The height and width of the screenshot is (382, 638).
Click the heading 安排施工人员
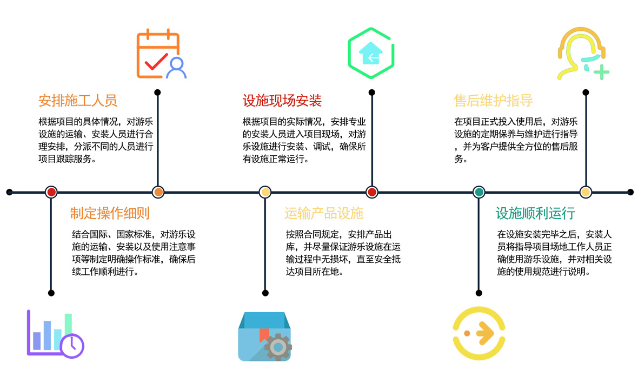click(78, 100)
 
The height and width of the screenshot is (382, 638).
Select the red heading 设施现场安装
click(282, 100)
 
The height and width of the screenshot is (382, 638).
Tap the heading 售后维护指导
click(493, 100)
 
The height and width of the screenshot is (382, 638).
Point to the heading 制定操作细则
click(110, 213)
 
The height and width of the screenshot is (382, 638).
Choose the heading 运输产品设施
click(324, 213)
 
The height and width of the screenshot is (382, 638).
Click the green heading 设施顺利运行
click(535, 213)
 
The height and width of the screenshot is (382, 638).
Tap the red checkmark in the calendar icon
click(156, 62)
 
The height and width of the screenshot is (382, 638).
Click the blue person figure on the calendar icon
click(176, 68)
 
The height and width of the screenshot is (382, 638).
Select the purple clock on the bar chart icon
click(72, 346)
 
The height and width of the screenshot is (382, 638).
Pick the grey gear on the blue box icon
click(278, 347)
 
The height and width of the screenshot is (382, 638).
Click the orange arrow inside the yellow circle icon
click(485, 333)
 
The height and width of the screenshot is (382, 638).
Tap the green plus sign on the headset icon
click(601, 73)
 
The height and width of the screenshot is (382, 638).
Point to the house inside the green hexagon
click(371, 54)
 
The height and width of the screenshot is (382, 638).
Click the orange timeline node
click(158, 192)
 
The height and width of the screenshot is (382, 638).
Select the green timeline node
click(479, 192)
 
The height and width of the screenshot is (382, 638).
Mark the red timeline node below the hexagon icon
click(371, 192)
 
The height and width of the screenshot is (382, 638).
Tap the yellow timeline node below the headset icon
click(586, 192)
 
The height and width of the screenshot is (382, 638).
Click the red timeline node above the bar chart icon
click(51, 192)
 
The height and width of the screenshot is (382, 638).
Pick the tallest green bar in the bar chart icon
click(68, 325)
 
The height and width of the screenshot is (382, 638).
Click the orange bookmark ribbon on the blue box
click(264, 335)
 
